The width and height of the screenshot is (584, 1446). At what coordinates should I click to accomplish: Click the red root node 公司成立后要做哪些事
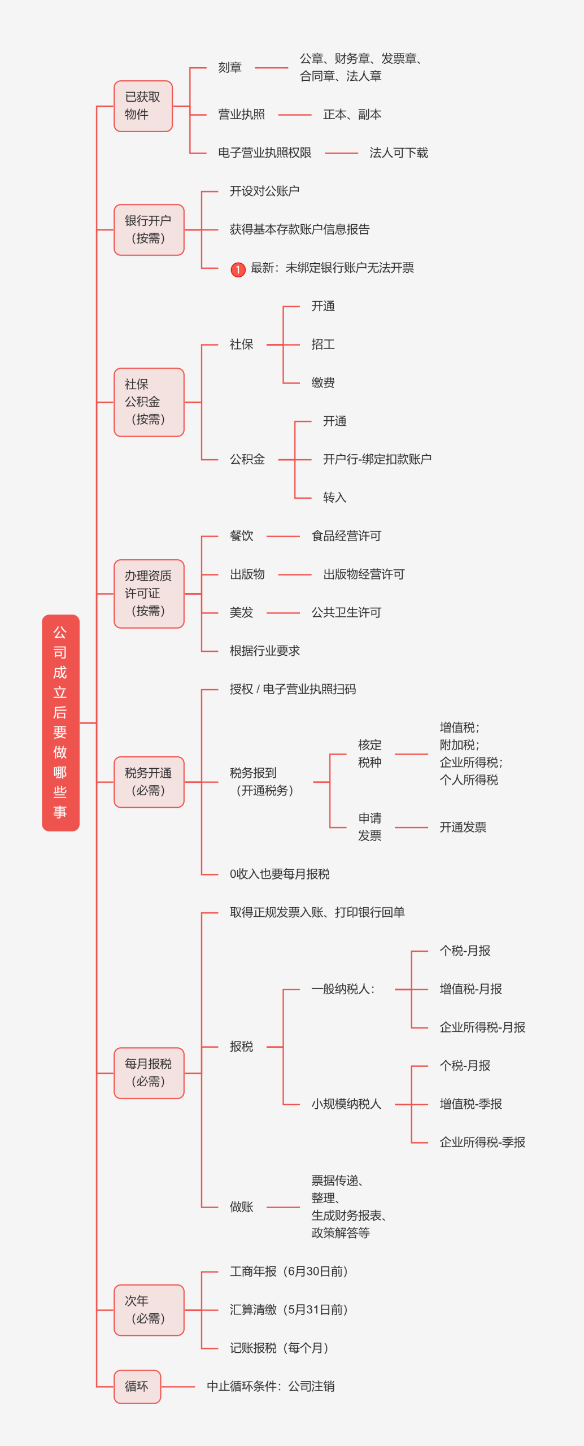coord(60,722)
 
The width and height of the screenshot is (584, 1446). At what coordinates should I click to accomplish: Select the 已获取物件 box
coord(143,106)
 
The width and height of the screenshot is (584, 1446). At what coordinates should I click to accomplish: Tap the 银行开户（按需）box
coord(149,230)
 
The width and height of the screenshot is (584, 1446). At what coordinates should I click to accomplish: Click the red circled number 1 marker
coord(238,269)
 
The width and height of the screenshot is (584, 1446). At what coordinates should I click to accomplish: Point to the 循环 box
coord(137,1386)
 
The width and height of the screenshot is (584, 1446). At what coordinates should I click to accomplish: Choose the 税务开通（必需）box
coord(149,782)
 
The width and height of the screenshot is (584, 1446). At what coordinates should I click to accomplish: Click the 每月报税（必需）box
coord(149,1073)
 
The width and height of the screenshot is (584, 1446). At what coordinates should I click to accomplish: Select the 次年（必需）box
coord(149,1310)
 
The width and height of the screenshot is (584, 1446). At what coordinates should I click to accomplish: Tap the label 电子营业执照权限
coord(264,153)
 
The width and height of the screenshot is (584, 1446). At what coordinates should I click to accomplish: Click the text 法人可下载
coord(398,153)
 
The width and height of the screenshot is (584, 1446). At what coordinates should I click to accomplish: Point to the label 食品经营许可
coord(346,536)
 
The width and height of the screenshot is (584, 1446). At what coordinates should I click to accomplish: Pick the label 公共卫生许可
coord(346,613)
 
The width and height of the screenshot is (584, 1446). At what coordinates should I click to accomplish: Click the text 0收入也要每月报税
coord(280,874)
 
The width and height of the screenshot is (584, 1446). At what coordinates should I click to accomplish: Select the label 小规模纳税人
coord(346,1104)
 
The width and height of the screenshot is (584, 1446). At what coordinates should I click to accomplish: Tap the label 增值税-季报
coord(470,1104)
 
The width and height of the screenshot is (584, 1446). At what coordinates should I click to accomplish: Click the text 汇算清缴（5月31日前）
coord(288,1310)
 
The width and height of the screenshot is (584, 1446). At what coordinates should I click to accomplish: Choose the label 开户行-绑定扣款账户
coord(377,459)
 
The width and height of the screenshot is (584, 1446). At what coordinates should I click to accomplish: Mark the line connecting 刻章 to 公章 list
coord(271,68)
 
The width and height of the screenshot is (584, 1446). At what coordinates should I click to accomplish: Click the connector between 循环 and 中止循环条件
coord(178,1387)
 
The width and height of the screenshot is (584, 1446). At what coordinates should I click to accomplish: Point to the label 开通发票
coord(463,827)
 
